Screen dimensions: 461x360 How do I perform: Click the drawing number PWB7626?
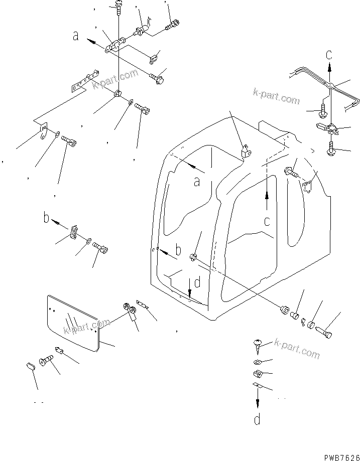(x=337, y=454)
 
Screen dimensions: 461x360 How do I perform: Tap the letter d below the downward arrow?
(x=257, y=419)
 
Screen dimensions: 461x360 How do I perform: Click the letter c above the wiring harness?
(x=329, y=54)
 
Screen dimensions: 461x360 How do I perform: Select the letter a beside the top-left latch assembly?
(x=76, y=36)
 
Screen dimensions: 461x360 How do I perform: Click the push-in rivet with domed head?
(x=258, y=344)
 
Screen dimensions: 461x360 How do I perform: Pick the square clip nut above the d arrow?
(x=258, y=373)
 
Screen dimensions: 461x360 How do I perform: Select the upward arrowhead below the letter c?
(x=267, y=193)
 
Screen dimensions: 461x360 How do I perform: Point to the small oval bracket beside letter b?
(x=74, y=233)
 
